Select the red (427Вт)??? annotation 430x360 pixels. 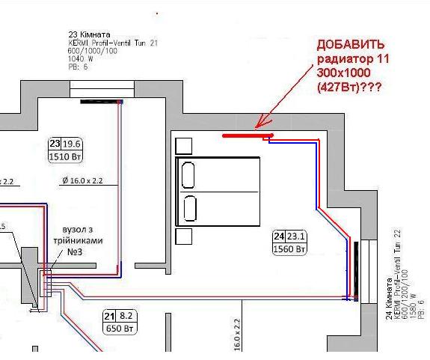351,87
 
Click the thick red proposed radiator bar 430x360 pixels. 248,135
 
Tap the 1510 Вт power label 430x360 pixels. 64,158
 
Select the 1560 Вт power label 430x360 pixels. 289,248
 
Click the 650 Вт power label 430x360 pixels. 118,329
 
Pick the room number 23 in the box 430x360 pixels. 55,144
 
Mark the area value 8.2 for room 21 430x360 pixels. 126,316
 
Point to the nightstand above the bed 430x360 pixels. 183,145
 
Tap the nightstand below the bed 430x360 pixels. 183,237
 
